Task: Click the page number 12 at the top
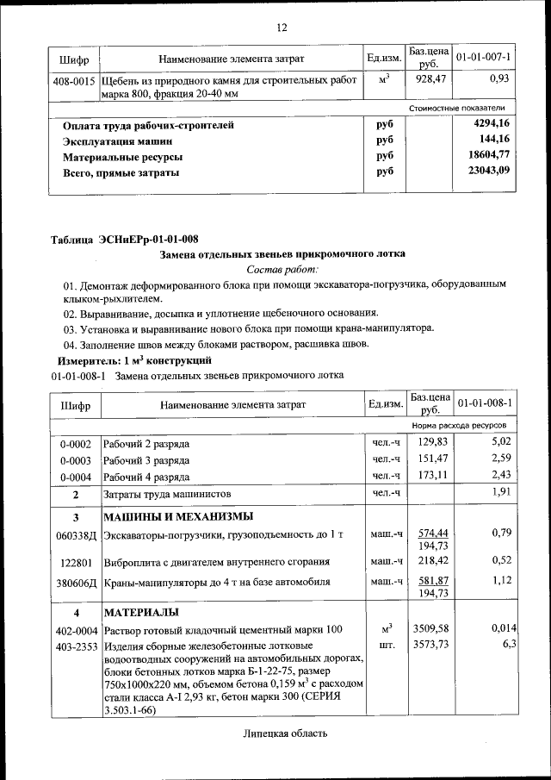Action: point(281,28)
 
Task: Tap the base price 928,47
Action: point(427,78)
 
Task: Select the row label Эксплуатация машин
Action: point(117,141)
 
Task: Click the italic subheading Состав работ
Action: point(282,270)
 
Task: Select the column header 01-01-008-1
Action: point(484,403)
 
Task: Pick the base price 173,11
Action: point(427,476)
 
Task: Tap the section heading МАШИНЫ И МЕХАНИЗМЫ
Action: point(178,517)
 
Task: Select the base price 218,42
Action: point(427,561)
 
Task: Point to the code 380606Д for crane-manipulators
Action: point(76,582)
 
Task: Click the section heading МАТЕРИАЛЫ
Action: point(141,613)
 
